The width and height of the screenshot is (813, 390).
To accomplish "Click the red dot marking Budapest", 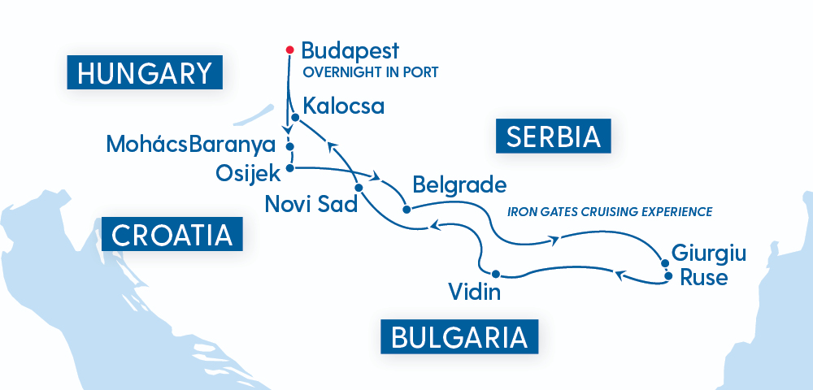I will (x=289, y=50).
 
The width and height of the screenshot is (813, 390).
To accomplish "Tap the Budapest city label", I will (x=350, y=50).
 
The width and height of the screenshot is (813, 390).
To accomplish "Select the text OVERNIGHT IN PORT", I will (x=371, y=72).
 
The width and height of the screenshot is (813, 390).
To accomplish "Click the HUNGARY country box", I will (x=145, y=74).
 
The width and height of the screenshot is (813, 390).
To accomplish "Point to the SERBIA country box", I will (x=553, y=136).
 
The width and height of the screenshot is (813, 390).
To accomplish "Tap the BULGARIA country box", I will (x=460, y=336).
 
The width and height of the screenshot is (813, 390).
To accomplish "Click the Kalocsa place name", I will (x=342, y=106).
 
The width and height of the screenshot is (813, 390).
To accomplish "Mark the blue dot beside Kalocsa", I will (x=295, y=118).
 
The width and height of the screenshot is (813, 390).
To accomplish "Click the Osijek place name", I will (x=248, y=172).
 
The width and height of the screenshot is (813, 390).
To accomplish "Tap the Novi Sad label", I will (x=311, y=204).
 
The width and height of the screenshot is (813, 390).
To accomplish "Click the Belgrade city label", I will (x=459, y=184).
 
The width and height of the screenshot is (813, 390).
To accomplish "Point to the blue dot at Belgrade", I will (x=406, y=209).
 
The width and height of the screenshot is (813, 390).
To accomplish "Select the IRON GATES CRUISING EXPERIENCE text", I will (x=610, y=212).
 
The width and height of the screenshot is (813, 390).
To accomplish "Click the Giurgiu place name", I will (x=708, y=253).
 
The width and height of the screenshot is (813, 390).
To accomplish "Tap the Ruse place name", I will (x=704, y=276).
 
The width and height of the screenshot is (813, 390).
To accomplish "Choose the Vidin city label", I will (x=474, y=291).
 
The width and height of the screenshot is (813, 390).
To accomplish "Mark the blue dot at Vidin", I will (x=495, y=273).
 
